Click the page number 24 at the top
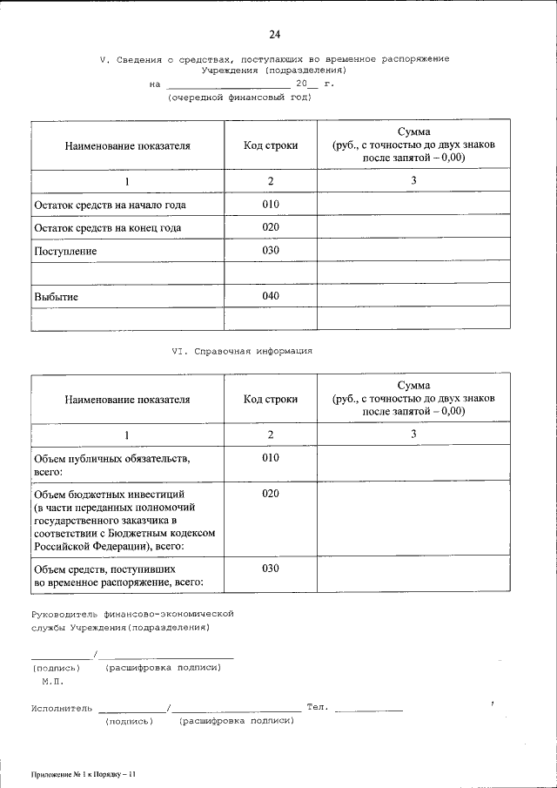[274, 34]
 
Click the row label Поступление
[65, 251]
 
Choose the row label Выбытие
[57, 297]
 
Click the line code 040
[271, 296]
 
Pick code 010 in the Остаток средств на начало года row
[271, 205]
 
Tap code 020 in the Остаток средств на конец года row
[271, 227]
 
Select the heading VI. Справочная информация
[241, 351]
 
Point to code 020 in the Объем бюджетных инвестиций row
[271, 494]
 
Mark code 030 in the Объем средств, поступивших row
[271, 568]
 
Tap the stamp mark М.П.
[52, 681]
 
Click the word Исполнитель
[61, 708]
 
